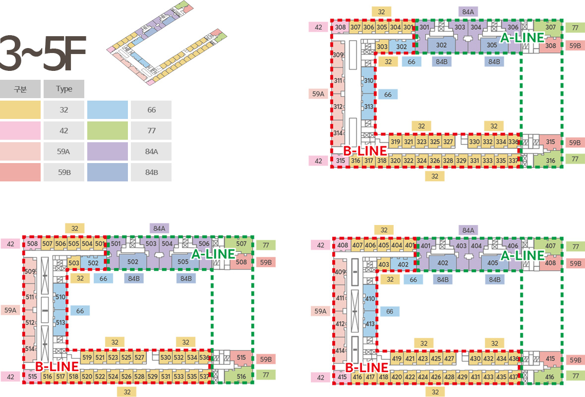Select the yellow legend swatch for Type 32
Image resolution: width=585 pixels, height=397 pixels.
click(x=20, y=110)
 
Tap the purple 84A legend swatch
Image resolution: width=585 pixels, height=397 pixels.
click(x=108, y=151)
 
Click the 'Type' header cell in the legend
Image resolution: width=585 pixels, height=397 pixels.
click(x=64, y=89)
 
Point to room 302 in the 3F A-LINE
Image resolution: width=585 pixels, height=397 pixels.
click(x=442, y=45)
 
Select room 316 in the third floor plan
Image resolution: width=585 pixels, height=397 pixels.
click(x=550, y=161)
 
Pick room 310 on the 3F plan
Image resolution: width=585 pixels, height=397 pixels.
click(x=368, y=80)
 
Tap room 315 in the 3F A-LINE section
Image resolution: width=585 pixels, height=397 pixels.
click(x=550, y=142)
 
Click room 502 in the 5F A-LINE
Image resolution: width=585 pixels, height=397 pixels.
click(x=133, y=262)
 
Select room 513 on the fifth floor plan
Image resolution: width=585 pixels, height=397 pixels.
click(x=60, y=322)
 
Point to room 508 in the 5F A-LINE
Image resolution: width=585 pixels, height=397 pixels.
click(x=241, y=262)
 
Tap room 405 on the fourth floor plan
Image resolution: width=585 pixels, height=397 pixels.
click(x=493, y=263)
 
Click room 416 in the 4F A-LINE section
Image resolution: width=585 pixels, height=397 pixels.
click(x=550, y=377)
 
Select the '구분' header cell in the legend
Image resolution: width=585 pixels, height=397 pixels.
click(x=20, y=89)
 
